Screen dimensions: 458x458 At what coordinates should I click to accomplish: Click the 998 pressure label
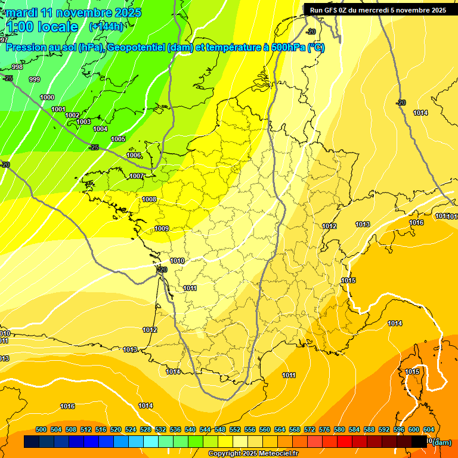point(17,67)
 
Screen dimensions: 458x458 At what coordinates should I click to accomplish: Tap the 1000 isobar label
point(47,97)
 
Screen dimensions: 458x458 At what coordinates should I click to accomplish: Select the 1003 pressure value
point(84,122)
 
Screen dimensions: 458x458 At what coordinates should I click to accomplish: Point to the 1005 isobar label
point(118,139)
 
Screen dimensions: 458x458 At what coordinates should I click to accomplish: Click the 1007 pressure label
point(137,176)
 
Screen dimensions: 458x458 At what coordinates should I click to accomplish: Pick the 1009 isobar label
point(162,228)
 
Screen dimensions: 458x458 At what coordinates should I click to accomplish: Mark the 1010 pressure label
point(177,261)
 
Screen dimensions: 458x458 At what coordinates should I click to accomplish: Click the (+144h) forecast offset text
point(106,26)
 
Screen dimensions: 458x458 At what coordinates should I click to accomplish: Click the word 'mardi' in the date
point(22,13)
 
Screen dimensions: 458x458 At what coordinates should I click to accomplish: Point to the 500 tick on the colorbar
point(41,429)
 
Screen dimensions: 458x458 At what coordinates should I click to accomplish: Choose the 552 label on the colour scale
point(235,429)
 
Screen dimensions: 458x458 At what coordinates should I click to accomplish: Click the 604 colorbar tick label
point(429,429)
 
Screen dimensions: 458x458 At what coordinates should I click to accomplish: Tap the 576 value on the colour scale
point(324,429)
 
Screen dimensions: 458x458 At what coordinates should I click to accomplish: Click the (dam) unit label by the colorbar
point(441,442)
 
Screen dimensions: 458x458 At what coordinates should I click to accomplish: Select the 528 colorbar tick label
point(146,429)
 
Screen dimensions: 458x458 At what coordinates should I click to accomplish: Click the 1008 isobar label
point(149,199)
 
